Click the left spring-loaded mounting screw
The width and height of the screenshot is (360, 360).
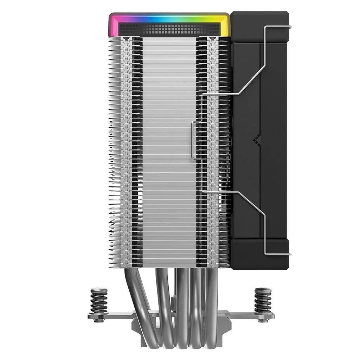pyautogui.click(x=99, y=301)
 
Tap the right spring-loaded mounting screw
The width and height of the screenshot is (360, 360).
pyautogui.click(x=263, y=301)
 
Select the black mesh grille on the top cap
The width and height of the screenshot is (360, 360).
pyautogui.click(x=169, y=30)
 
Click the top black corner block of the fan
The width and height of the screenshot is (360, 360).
pyautogui.click(x=259, y=26)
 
